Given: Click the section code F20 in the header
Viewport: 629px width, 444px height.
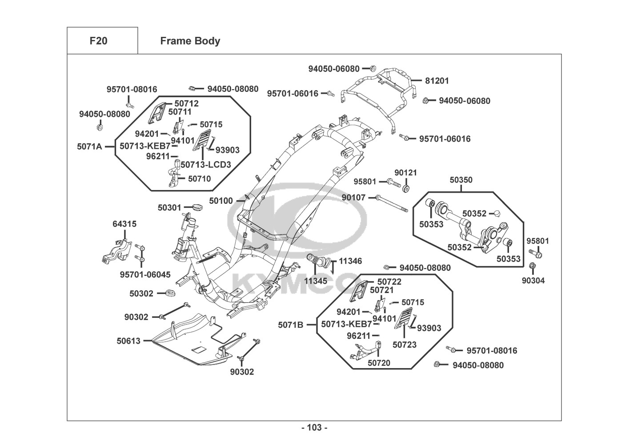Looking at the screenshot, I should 98,41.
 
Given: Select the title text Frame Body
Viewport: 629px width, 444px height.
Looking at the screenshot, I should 190,41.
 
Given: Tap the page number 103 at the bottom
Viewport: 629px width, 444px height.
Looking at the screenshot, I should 314,428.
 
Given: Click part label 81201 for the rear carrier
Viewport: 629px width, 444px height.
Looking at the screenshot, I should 437,81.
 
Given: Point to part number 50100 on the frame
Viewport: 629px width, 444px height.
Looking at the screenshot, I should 221,201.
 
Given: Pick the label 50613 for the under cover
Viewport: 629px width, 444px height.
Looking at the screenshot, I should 128,341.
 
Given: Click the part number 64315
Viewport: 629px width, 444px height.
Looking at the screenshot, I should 124,224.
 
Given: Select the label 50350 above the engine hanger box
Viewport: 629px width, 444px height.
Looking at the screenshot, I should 461,180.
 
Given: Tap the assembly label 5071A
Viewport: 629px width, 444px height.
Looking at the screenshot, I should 89,146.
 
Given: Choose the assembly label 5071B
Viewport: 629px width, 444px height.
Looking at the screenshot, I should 291,325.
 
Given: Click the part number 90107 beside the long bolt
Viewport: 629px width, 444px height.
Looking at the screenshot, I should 353,197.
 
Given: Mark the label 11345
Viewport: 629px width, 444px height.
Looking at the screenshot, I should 316,281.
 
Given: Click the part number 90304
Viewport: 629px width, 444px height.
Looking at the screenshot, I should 533,281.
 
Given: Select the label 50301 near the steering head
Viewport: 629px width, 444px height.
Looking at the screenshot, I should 169,207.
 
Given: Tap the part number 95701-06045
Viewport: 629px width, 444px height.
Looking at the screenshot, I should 145,275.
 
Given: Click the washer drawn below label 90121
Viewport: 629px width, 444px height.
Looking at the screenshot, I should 406,189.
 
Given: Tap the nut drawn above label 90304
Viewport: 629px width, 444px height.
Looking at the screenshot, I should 533,266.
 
